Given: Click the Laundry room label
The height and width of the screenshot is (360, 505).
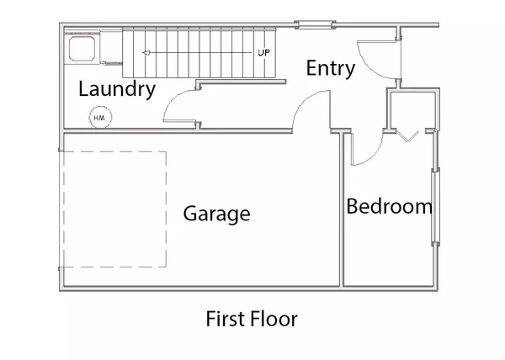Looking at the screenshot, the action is click(x=117, y=89).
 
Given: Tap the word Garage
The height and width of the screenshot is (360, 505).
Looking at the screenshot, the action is click(x=217, y=214).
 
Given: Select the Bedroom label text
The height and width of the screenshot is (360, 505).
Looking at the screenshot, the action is click(x=389, y=206).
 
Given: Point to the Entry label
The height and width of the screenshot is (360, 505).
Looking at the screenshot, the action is click(x=331, y=68).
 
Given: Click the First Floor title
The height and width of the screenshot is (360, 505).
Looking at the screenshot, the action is click(x=252, y=319).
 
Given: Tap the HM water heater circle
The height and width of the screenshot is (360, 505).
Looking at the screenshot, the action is click(x=100, y=118).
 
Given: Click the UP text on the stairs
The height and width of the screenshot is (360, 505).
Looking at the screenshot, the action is click(x=263, y=52).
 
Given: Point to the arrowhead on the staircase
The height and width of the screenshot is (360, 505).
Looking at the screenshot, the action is click(x=146, y=53).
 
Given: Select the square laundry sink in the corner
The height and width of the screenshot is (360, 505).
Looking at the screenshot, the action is click(x=82, y=49).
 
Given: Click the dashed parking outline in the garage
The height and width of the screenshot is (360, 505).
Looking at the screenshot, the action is click(x=166, y=209).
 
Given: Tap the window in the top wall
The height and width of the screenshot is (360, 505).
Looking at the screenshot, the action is click(x=315, y=24).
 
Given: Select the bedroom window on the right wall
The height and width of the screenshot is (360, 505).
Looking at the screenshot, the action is click(x=435, y=206).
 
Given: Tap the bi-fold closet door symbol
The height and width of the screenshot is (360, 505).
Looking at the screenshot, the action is click(x=407, y=136).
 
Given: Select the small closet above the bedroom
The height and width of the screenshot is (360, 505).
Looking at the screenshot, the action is click(x=412, y=110).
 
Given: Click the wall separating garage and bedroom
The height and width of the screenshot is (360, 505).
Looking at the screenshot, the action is click(x=342, y=209).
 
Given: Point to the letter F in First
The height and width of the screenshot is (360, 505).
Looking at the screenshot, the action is click(x=210, y=319).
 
